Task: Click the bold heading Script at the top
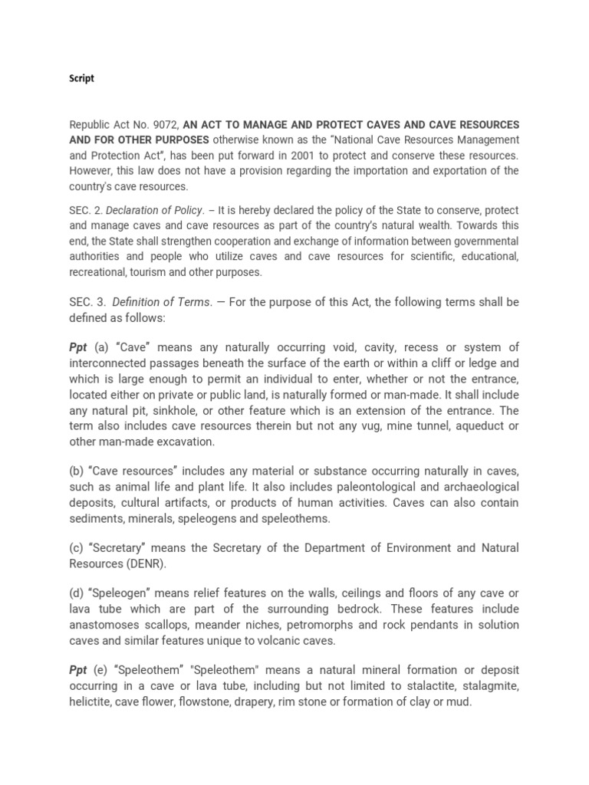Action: coord(82,79)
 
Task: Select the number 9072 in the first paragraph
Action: coord(165,124)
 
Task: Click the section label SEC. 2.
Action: coord(85,210)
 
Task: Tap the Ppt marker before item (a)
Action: coord(78,347)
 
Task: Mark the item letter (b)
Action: coord(77,471)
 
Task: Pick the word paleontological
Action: coord(344,487)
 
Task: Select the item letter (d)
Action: coord(77,594)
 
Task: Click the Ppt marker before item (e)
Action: coord(78,670)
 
